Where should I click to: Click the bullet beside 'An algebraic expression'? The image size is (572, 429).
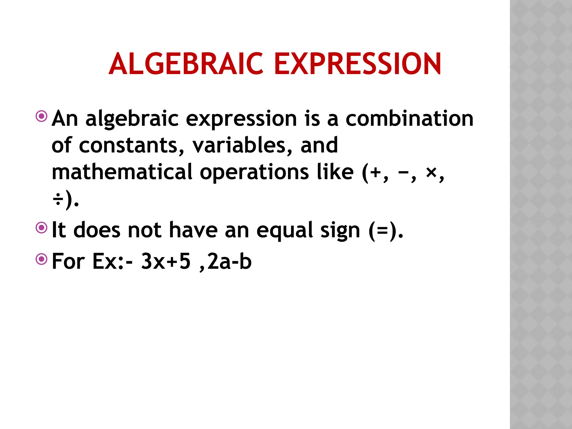coord(42,116)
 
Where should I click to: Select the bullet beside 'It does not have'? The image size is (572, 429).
coord(42,228)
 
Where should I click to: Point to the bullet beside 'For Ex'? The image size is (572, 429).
coord(42,259)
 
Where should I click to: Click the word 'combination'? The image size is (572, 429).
coord(409,118)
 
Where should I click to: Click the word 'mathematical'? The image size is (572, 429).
coord(122,172)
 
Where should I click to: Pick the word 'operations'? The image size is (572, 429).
coord(254,172)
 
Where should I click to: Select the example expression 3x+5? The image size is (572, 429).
coord(166,261)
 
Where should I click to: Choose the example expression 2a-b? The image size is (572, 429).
coord(229,261)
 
